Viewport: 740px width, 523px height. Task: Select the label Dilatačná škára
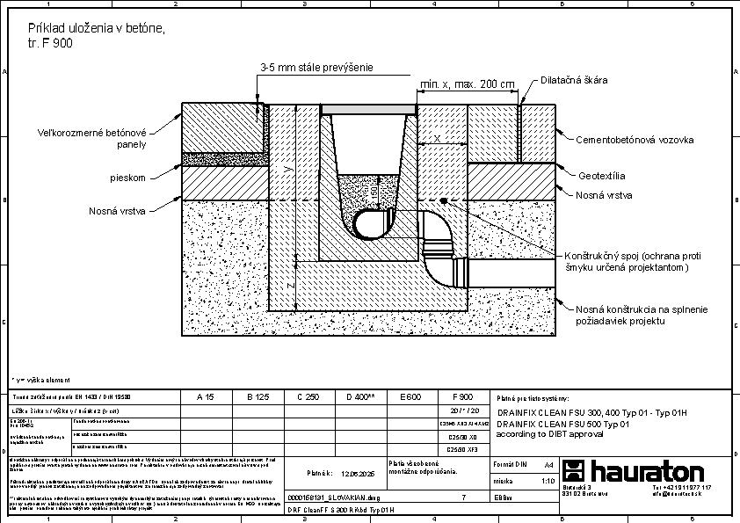click(x=575, y=80)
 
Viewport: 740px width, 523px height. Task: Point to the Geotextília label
click(x=602, y=175)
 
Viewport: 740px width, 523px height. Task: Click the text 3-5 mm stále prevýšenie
click(x=316, y=67)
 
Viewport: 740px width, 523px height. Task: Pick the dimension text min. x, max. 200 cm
click(x=467, y=84)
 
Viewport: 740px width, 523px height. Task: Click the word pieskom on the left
click(x=127, y=178)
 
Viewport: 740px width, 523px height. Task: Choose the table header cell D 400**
click(x=360, y=397)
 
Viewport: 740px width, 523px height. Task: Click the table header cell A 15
click(x=206, y=397)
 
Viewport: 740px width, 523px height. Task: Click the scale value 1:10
click(x=548, y=481)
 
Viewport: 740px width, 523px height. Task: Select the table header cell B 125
click(x=257, y=397)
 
